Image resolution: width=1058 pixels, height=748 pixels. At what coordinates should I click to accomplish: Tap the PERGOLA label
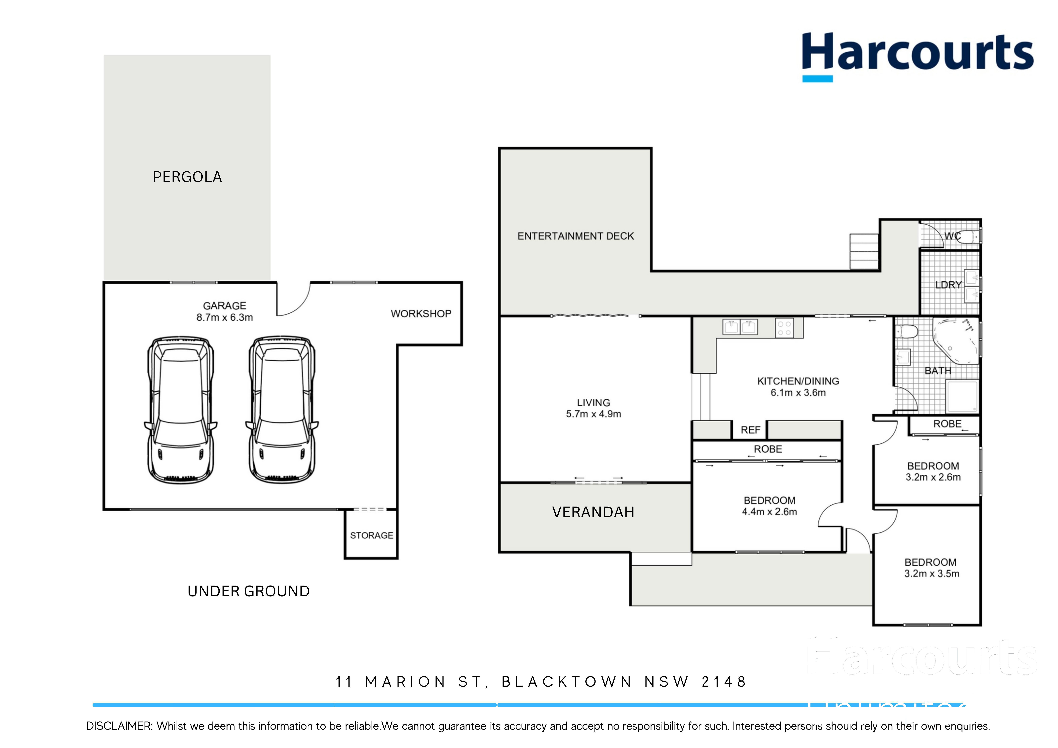(187, 177)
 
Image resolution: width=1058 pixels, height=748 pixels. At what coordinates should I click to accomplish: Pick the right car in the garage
(282, 409)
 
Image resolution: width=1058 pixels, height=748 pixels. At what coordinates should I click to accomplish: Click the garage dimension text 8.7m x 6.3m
(224, 318)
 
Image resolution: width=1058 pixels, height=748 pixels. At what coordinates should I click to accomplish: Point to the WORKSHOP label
(421, 314)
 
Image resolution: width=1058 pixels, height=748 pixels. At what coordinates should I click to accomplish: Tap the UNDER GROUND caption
(248, 591)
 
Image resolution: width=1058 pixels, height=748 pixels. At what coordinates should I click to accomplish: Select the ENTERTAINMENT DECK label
(576, 236)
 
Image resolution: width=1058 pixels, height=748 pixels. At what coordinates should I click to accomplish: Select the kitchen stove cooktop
(784, 328)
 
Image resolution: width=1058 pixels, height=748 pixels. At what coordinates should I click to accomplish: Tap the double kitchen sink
(740, 327)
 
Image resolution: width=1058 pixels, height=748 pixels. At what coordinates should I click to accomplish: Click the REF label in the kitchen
(750, 430)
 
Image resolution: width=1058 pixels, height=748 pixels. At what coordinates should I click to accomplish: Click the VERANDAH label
(593, 512)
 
